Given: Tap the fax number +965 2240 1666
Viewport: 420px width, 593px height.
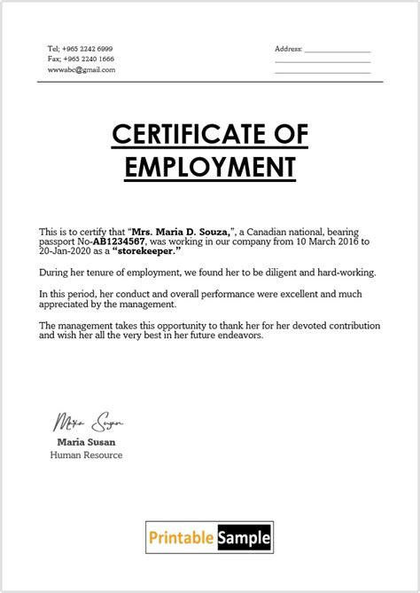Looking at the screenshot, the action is [x=93, y=58].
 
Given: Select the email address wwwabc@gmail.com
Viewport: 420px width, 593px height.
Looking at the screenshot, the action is [x=82, y=69].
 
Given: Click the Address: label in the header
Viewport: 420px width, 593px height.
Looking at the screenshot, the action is [x=289, y=48].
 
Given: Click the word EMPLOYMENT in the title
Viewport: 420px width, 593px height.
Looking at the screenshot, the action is [x=209, y=166].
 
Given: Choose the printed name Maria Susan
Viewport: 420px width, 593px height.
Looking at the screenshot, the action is [x=87, y=441].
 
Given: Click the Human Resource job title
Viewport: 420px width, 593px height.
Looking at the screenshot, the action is [x=86, y=455].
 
